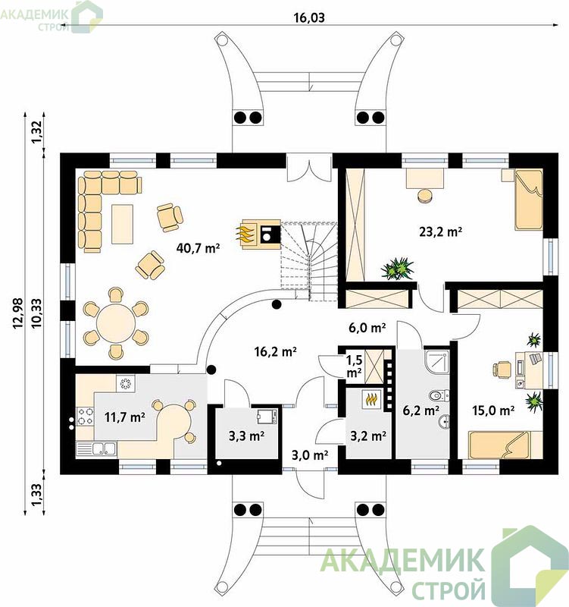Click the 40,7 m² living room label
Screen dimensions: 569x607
point(198,247)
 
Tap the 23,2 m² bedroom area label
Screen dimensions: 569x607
point(441,231)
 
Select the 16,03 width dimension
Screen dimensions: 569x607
point(309,17)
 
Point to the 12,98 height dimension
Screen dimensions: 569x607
point(18,313)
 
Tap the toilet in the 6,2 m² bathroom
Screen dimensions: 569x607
point(439,395)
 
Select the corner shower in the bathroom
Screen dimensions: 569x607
point(437,362)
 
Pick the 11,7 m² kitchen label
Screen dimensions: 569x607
point(125,417)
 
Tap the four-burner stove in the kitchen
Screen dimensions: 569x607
point(86,416)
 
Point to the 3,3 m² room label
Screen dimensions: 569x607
point(247,436)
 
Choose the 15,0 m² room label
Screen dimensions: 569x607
point(493,410)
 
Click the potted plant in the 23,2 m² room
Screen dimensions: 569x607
point(397,268)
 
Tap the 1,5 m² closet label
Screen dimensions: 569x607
point(355,366)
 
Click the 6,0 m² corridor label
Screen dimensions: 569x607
point(367,328)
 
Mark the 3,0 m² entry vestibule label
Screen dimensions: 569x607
point(310,455)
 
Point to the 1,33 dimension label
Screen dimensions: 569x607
point(37,495)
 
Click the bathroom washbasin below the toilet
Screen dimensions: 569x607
point(444,422)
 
